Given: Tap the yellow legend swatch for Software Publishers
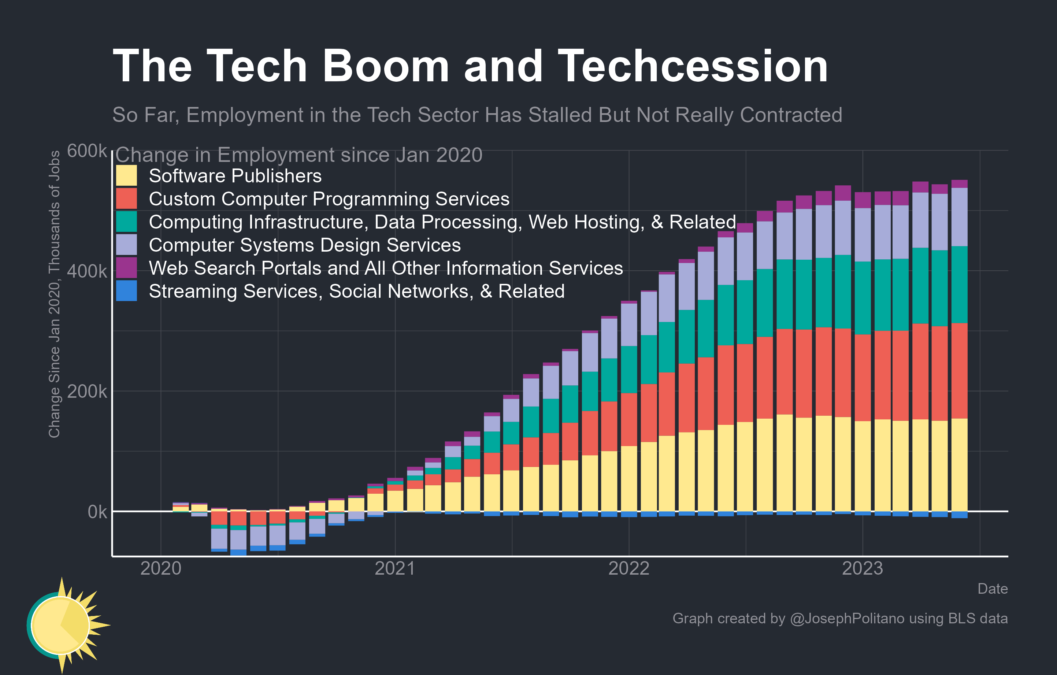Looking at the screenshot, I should (126, 175).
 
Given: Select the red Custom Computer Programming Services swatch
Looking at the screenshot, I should (126, 199).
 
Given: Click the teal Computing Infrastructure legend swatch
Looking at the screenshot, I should (126, 222).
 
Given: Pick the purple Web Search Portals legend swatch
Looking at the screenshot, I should (126, 268).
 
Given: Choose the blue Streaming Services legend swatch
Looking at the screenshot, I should (126, 291).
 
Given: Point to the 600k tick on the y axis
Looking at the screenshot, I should (86, 151).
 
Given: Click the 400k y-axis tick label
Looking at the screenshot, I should (86, 271).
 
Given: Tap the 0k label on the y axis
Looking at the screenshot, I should (97, 512).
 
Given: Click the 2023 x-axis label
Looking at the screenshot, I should (862, 568).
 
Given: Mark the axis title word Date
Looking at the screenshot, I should (992, 589).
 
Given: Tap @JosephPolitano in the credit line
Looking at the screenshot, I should (847, 618).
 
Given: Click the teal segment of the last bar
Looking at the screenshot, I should (959, 285).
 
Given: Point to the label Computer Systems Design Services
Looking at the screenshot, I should (305, 245).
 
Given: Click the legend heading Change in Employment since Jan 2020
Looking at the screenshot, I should (298, 155).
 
